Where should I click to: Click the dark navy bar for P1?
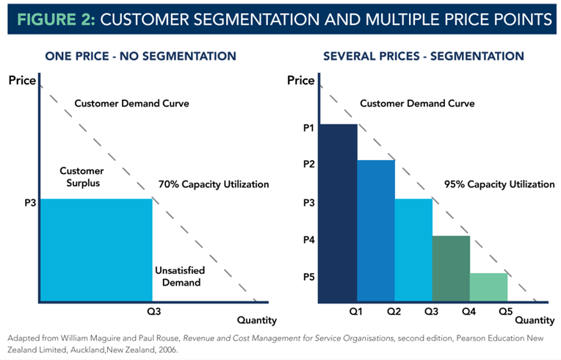click(x=338, y=213)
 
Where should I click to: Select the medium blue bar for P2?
click(x=376, y=231)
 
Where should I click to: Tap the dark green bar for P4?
click(x=451, y=268)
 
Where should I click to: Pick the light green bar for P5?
click(x=488, y=287)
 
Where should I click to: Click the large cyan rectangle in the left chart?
click(x=95, y=250)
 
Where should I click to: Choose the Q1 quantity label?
click(x=356, y=312)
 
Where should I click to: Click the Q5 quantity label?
click(x=506, y=312)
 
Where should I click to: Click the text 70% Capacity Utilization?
click(x=214, y=184)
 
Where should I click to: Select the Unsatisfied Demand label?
click(x=180, y=277)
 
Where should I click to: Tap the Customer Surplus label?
click(x=82, y=176)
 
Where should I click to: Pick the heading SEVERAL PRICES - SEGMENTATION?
click(x=423, y=56)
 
